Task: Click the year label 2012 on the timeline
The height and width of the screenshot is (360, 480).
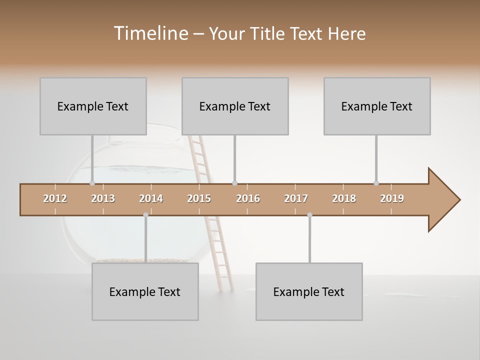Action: pyautogui.click(x=55, y=198)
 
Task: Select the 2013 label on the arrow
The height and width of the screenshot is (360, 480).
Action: pyautogui.click(x=103, y=198)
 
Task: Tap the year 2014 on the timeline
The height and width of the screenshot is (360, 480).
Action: pyautogui.click(x=151, y=198)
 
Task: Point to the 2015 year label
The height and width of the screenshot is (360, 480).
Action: pyautogui.click(x=199, y=198)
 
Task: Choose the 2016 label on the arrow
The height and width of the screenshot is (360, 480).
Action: pyautogui.click(x=248, y=198)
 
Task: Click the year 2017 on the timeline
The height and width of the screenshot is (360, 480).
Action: pyautogui.click(x=296, y=198)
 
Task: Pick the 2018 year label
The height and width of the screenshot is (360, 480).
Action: pyautogui.click(x=344, y=198)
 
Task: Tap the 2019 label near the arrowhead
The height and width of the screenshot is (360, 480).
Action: pyautogui.click(x=392, y=198)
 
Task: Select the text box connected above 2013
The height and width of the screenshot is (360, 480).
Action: pyautogui.click(x=93, y=106)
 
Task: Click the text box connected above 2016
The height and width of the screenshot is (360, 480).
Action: pyautogui.click(x=235, y=106)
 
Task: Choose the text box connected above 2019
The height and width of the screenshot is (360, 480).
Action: pyautogui.click(x=377, y=106)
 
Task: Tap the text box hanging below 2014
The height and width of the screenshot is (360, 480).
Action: pyautogui.click(x=145, y=291)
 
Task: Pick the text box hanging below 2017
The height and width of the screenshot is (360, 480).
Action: pyautogui.click(x=309, y=291)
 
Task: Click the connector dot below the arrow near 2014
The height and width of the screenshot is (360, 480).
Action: pyautogui.click(x=145, y=215)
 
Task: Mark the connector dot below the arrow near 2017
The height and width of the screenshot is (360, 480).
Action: pyautogui.click(x=309, y=215)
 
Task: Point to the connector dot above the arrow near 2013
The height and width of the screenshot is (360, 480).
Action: pyautogui.click(x=92, y=183)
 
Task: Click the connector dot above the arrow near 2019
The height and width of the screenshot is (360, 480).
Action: pyautogui.click(x=376, y=183)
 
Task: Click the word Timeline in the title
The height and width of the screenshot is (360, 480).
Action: pyautogui.click(x=150, y=33)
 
